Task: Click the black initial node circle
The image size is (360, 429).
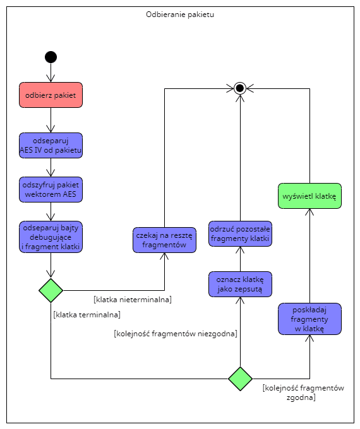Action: click(51, 57)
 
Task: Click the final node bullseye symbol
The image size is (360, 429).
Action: click(239, 88)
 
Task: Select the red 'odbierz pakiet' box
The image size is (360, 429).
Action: click(51, 95)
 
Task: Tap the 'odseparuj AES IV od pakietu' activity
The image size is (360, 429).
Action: click(51, 145)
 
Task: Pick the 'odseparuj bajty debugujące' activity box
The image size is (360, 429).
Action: click(51, 237)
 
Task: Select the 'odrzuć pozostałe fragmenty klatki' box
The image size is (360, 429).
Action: click(240, 233)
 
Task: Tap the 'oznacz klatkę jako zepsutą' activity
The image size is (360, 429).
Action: click(240, 284)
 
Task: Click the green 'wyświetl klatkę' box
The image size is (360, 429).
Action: click(310, 196)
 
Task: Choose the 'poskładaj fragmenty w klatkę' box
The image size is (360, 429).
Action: click(309, 319)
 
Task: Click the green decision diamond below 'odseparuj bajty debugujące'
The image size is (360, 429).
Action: click(51, 290)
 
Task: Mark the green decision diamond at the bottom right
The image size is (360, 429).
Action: click(240, 379)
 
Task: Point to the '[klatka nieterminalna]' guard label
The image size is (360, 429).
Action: click(133, 298)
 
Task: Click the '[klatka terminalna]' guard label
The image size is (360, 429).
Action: click(87, 314)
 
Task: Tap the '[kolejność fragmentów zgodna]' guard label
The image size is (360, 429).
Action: click(303, 392)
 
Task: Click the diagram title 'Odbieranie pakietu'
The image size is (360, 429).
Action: click(180, 14)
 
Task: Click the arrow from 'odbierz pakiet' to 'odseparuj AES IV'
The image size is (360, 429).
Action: click(51, 120)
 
